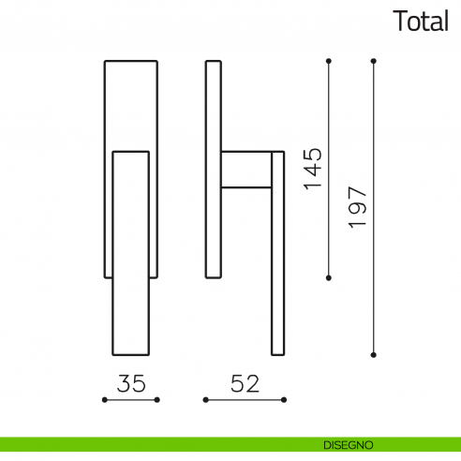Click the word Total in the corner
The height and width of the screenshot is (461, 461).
tap(421, 21)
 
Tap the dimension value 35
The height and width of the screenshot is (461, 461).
tap(131, 383)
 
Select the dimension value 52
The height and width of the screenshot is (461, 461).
tap(245, 383)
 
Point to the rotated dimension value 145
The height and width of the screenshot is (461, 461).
tap(313, 169)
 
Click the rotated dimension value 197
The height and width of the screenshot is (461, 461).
tap(357, 207)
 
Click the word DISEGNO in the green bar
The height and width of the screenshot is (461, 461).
tap(349, 445)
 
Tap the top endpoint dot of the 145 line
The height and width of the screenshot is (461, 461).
tap(328, 61)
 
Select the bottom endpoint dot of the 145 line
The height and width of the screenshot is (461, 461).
tap(328, 278)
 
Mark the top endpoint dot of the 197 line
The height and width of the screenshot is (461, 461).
tap(373, 61)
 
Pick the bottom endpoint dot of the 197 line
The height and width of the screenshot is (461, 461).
tap(373, 355)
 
